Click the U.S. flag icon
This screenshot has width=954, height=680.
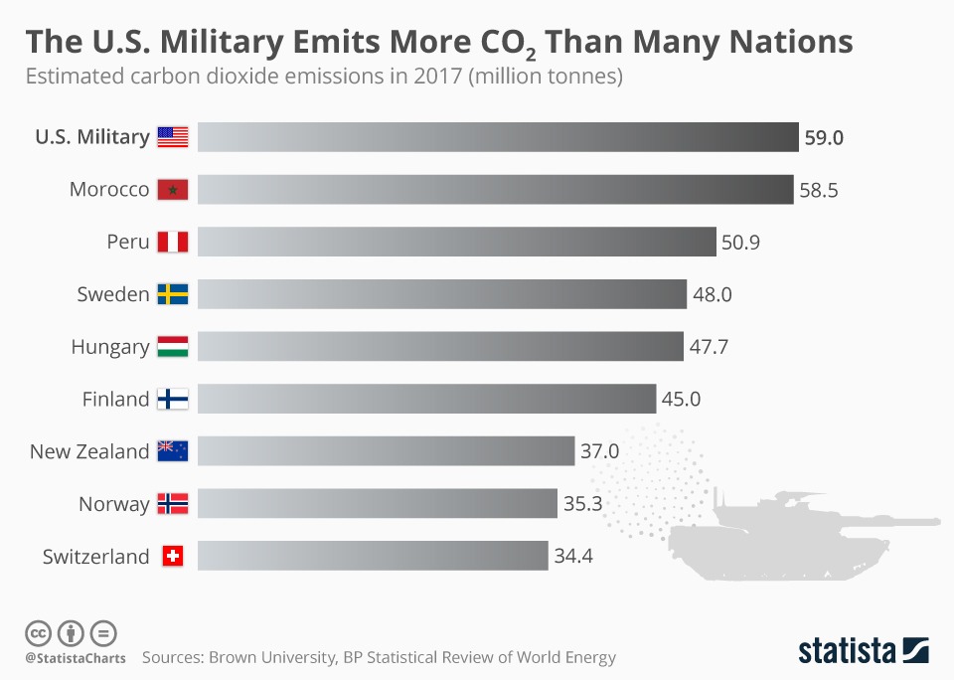click(x=172, y=137)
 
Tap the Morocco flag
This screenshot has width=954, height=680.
click(x=172, y=189)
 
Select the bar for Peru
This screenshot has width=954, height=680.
click(x=456, y=242)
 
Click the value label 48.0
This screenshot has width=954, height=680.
click(x=713, y=294)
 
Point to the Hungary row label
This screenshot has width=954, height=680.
click(x=110, y=347)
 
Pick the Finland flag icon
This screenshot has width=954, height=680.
click(x=172, y=399)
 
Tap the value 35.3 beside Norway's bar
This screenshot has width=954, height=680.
click(x=583, y=504)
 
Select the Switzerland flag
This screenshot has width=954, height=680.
click(x=172, y=557)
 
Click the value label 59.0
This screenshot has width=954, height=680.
click(x=824, y=137)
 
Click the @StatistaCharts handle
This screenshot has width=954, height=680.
click(x=76, y=658)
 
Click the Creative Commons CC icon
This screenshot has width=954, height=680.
click(x=38, y=632)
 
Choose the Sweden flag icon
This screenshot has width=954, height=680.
click(x=172, y=294)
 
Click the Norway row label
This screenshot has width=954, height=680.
click(x=114, y=504)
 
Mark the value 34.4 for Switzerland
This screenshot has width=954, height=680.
click(x=573, y=557)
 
